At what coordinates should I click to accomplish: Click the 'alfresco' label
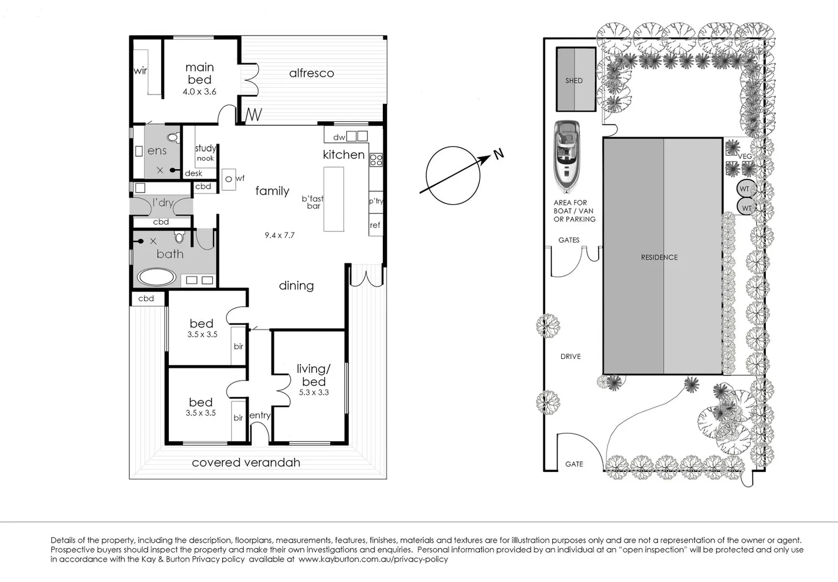click(x=311, y=73)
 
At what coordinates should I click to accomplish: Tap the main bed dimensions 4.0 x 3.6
click(x=199, y=92)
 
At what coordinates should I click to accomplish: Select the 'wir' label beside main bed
click(x=140, y=71)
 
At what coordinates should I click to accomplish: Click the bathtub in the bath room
click(x=156, y=278)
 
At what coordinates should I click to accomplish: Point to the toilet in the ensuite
click(x=173, y=137)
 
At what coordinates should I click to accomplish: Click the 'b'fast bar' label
click(x=313, y=202)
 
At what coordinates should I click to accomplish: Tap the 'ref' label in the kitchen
click(x=375, y=225)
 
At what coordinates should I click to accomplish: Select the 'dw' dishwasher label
click(x=339, y=137)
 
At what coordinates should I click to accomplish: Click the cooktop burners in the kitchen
click(x=376, y=160)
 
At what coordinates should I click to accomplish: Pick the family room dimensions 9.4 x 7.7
click(x=279, y=235)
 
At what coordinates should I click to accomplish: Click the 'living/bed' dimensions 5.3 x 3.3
click(x=314, y=392)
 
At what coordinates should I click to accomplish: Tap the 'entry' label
click(x=260, y=415)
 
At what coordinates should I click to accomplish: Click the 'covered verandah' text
click(x=246, y=462)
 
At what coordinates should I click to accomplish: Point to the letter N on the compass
click(x=499, y=154)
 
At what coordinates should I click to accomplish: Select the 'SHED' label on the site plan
click(x=574, y=80)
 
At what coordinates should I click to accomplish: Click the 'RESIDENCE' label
click(x=659, y=257)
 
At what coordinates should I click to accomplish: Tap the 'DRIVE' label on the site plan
click(x=571, y=356)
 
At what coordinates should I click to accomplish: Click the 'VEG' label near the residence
click(x=745, y=156)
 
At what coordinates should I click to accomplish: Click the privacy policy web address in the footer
click(x=373, y=559)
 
